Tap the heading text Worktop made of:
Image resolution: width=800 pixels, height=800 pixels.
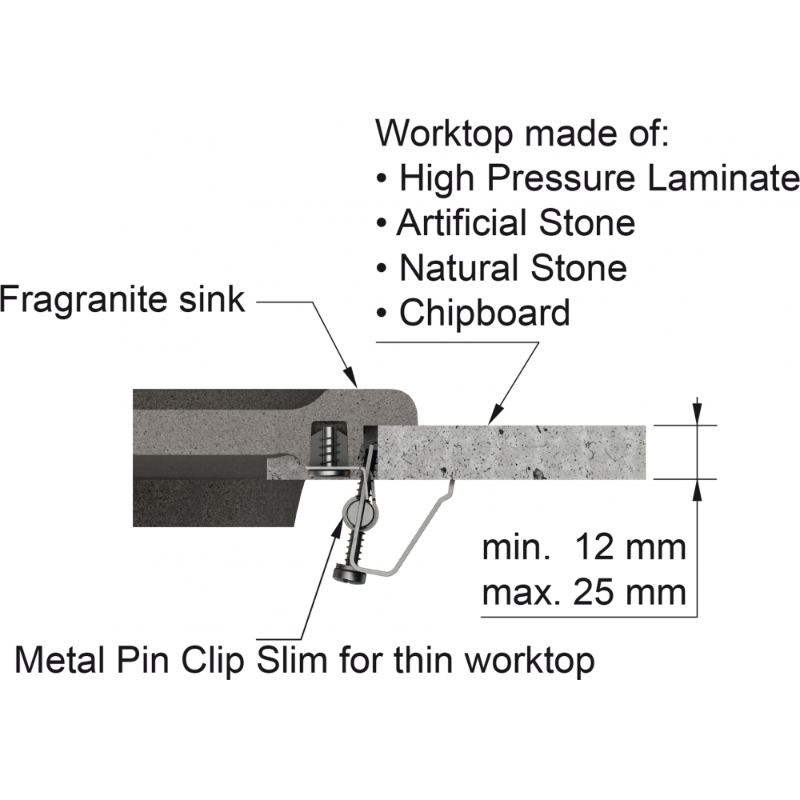click(522, 134)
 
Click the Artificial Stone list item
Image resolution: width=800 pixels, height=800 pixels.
click(506, 223)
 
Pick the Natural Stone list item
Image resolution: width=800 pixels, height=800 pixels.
click(502, 268)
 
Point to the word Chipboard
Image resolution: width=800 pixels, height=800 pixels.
click(485, 313)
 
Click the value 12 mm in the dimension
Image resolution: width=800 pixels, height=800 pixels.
click(630, 547)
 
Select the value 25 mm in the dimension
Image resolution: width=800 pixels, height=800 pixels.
click(630, 592)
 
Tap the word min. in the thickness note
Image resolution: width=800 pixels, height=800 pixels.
click(516, 547)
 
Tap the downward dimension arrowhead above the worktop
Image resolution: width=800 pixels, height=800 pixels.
click(698, 414)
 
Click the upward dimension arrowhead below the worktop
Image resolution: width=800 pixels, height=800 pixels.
click(698, 491)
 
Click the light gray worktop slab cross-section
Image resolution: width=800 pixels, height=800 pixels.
click(511, 453)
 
